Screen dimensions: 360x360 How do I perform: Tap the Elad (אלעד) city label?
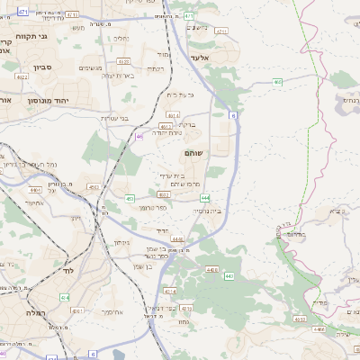tap(199, 57)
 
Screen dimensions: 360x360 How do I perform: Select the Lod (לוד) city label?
tap(67, 270)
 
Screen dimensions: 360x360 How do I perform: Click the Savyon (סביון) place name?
tap(44, 67)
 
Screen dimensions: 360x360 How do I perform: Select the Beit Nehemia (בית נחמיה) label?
tap(212, 211)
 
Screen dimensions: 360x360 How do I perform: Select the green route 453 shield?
tap(130, 198)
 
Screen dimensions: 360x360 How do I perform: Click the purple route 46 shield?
tap(139, 136)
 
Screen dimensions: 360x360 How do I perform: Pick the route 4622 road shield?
tap(22, 76)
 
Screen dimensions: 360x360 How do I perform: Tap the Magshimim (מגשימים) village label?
tap(91, 67)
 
